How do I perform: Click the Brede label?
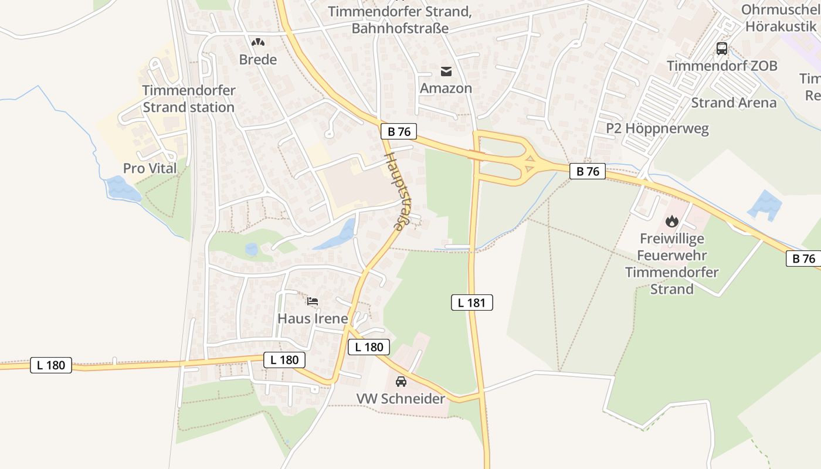point(258,60)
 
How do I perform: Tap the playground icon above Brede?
point(258,42)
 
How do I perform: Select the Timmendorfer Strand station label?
point(189,99)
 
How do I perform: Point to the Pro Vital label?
point(150,168)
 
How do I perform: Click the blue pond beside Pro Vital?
point(122,189)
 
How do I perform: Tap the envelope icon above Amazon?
point(446,72)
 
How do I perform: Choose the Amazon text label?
point(446,89)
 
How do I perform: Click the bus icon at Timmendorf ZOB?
point(722,49)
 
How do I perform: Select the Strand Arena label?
point(734,103)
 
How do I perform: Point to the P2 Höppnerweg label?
point(657,129)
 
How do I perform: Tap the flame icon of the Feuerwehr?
point(672,222)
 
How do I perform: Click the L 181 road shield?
point(471,303)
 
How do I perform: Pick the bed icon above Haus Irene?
point(313,301)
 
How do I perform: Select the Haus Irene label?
point(313,319)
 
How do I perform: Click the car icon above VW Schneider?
point(401,381)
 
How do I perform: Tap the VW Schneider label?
point(401,399)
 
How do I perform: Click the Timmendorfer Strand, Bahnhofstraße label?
point(400,20)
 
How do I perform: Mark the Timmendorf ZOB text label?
point(722,66)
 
